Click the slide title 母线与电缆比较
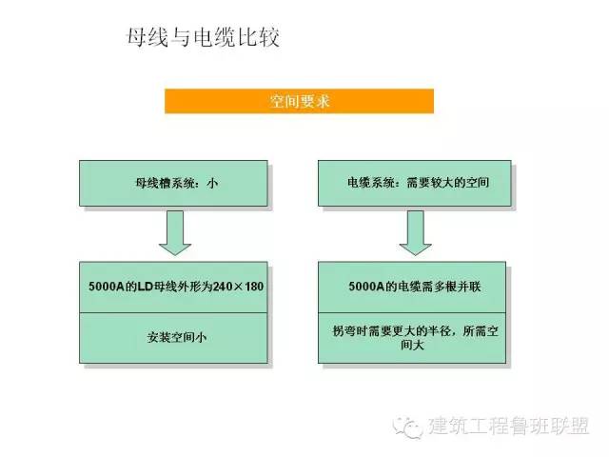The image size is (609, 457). point(203,38)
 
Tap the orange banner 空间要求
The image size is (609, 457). point(299,101)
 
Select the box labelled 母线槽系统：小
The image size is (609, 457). point(173,183)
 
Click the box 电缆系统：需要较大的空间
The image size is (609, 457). point(415,183)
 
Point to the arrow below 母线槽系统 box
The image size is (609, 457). point(175,232)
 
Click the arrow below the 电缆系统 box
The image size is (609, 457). point(416,232)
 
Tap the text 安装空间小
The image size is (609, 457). point(177,337)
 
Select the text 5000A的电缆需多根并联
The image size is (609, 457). point(415,287)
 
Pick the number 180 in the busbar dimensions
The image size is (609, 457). point(254,287)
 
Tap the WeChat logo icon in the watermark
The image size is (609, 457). point(407,427)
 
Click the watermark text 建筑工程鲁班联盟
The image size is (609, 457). point(509,426)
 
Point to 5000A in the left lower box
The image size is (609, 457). point(107,287)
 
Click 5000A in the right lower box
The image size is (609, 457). point(366,287)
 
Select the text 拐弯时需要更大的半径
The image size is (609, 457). point(391,331)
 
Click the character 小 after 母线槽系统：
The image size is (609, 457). point(212,183)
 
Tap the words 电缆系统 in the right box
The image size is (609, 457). point(371,183)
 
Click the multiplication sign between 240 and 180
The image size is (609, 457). point(239,288)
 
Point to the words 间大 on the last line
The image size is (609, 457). point(412,345)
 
